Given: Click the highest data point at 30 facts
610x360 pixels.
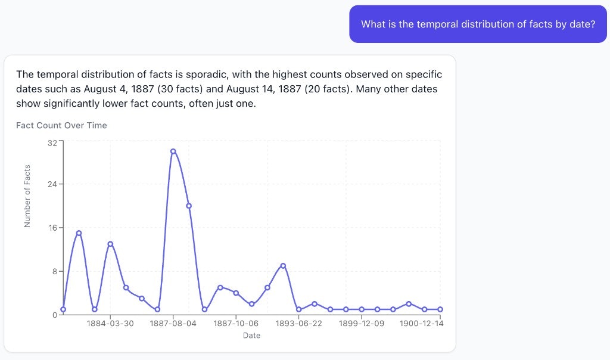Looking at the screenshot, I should click(x=173, y=151).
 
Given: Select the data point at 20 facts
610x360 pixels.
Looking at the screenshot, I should click(x=189, y=206).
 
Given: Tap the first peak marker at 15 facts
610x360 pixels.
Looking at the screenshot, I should click(x=79, y=233).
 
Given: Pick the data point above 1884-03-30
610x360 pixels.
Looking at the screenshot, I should click(x=110, y=244).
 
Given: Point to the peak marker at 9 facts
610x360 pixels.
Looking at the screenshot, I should click(x=283, y=266).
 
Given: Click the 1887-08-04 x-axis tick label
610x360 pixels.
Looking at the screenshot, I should click(x=173, y=323).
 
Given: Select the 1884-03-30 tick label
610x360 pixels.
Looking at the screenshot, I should click(x=110, y=323).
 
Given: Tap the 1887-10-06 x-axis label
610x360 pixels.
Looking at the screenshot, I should click(x=236, y=323).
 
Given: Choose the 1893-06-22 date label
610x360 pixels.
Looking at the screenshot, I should click(x=299, y=323).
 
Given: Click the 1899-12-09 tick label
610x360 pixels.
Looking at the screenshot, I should click(x=362, y=323).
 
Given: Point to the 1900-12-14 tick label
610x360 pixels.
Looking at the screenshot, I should click(x=421, y=323).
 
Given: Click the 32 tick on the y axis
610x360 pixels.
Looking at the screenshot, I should click(x=52, y=143).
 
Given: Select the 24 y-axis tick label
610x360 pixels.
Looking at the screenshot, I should click(x=52, y=184).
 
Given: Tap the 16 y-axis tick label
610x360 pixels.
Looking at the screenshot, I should click(x=52, y=228).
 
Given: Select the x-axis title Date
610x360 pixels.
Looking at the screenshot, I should click(x=251, y=336).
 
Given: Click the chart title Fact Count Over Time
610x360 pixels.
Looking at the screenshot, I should click(x=61, y=125).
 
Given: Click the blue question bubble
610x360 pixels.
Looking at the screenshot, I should click(x=478, y=24).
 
